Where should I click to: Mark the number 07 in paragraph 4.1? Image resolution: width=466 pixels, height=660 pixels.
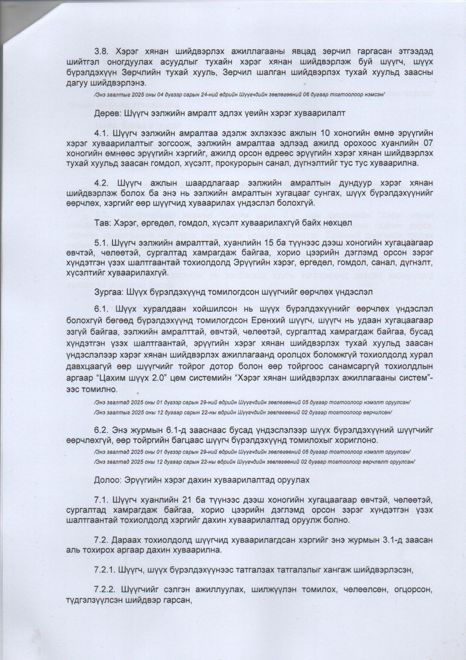pyautogui.click(x=426, y=142)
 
